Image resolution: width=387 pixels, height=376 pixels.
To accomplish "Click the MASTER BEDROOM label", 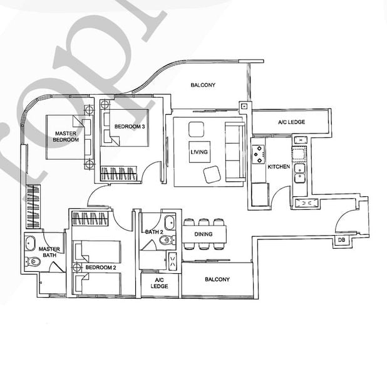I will pos(66,137).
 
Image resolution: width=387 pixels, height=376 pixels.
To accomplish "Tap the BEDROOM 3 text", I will pos(130,127).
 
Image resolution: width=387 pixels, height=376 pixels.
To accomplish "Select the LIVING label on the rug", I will pos(200,152).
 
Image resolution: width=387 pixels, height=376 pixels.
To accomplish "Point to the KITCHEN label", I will pos(278,167).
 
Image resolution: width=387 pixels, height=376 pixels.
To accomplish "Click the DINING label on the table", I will pos(203,235).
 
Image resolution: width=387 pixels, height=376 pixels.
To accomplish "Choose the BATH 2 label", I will pos(153,232).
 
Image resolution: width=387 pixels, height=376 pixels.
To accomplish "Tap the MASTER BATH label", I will pos(49,253).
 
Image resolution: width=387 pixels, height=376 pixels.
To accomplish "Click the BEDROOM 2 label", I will pos(101,268).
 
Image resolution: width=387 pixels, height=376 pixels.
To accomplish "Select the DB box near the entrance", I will pos(341,241).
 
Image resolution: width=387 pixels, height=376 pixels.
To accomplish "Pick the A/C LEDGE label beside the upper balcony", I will pos(291,122).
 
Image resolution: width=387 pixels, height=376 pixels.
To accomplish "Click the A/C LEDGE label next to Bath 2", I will pos(160,283).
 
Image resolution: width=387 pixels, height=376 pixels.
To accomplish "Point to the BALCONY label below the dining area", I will pos(217,279).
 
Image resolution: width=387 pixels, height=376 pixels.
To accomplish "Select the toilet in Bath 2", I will pos(166,239).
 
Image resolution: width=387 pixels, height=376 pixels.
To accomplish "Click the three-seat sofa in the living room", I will pos(235,152).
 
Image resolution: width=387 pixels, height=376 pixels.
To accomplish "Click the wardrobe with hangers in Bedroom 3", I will pos(120,173).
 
